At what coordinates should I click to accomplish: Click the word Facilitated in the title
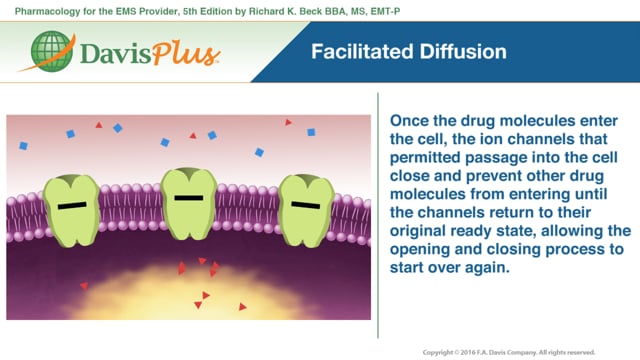[357, 51]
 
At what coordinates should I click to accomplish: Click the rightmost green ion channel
[306, 207]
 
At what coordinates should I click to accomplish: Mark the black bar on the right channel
[306, 205]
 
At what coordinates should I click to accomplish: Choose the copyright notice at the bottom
[509, 352]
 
